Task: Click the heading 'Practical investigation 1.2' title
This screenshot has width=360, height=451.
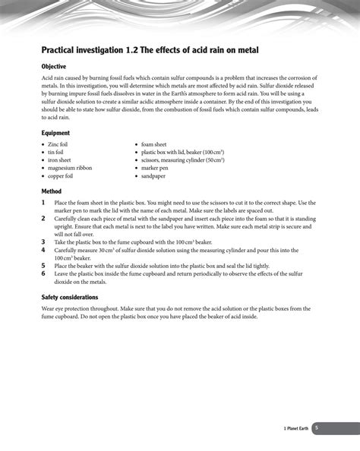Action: coord(150,50)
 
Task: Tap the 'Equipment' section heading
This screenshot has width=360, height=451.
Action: coord(55,133)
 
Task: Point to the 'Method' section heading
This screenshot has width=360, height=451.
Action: coord(51,191)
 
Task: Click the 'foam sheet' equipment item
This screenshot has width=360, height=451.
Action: coord(153,143)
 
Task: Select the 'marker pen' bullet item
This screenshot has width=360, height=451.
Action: coord(154,168)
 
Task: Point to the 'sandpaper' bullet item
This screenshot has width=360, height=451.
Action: coord(153,176)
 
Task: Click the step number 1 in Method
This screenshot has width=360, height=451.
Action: coord(44,203)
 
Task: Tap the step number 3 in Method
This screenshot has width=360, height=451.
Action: coord(44,241)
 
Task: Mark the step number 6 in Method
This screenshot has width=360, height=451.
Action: coord(44,273)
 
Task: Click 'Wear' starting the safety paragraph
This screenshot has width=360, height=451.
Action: coord(49,309)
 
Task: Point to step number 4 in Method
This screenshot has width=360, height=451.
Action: coord(44,250)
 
